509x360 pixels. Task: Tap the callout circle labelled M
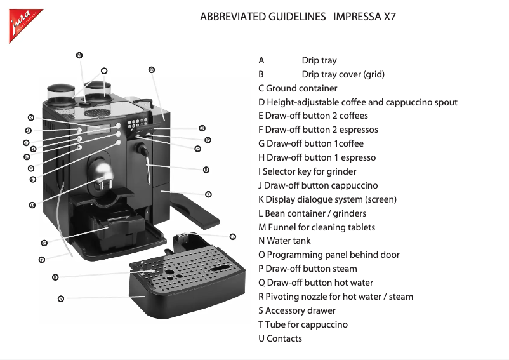pos(79,55)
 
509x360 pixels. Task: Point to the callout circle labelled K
pos(31,117)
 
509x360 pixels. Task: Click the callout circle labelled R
pos(206,170)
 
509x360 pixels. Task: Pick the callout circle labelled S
pos(208,194)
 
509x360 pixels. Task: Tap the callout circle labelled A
pos(61,298)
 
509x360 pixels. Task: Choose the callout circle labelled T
pos(42,259)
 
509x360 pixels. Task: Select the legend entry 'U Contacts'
pos(280,338)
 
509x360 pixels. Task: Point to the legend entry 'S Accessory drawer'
pos(296,310)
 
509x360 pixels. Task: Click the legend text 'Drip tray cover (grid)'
pos(343,74)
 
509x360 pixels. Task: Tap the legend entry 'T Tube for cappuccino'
pos(303,324)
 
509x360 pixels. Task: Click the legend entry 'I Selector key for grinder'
pos(307,171)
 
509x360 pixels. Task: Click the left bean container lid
pos(61,90)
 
